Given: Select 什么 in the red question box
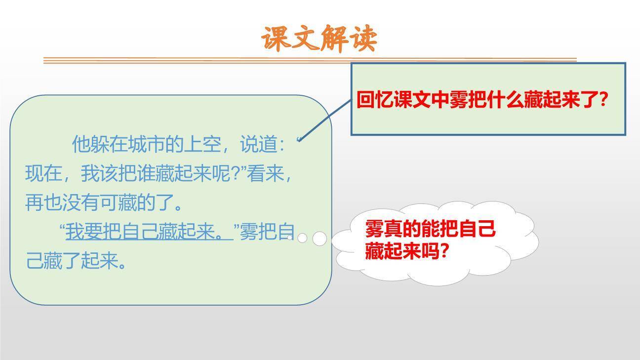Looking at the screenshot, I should pyautogui.click(x=496, y=101).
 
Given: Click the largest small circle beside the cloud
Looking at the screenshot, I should pyautogui.click(x=320, y=239).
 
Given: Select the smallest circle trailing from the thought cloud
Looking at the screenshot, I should pyautogui.click(x=290, y=238).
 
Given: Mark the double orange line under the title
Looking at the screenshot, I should pyautogui.click(x=310, y=60).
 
